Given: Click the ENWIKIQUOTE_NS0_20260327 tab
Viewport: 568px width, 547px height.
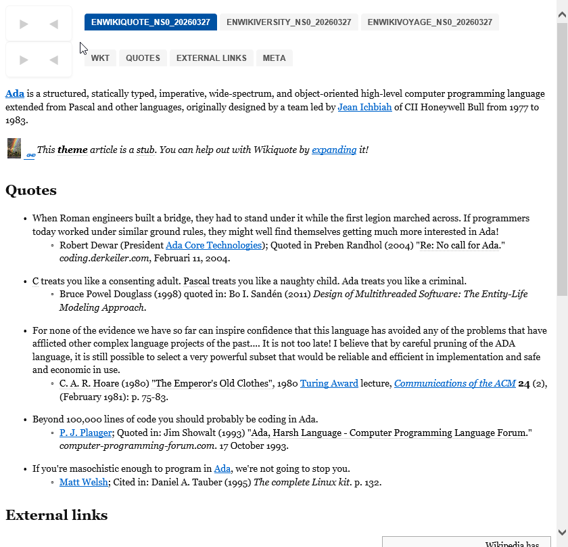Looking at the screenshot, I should tap(151, 22).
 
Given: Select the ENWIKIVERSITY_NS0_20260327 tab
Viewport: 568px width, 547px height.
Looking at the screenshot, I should tap(289, 22).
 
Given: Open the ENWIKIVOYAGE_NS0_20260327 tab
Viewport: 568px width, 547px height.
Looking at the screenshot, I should tap(429, 22).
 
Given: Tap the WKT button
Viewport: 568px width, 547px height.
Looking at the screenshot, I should tap(100, 58).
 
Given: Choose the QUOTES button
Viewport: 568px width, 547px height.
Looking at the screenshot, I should tap(143, 58).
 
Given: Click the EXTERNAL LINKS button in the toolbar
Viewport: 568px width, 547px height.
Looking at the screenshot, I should tap(212, 58).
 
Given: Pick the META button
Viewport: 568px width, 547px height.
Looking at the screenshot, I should tap(274, 58).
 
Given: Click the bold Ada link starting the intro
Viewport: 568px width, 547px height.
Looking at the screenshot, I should tap(15, 93).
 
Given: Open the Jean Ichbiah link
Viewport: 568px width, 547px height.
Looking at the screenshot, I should tap(364, 107).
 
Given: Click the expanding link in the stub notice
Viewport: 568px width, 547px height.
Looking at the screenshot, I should tap(334, 150).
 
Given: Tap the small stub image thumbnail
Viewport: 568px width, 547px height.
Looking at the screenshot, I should tap(14, 148).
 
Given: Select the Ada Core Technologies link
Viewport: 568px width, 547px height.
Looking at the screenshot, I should tap(214, 245).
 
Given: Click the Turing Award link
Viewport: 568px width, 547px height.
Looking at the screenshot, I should tap(329, 383).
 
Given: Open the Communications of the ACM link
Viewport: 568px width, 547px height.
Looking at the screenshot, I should tap(455, 383).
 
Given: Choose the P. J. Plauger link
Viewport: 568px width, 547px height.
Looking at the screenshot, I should tap(84, 433).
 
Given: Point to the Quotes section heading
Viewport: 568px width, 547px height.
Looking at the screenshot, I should tap(31, 190).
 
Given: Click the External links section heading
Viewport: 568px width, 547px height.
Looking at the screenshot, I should tap(57, 515).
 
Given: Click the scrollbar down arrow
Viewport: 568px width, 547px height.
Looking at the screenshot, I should tap(562, 531).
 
